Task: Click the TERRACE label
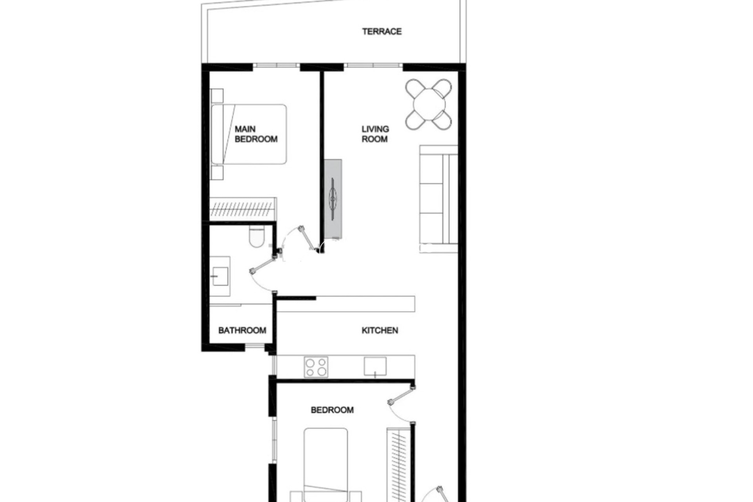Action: click(382, 31)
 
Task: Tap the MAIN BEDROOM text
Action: click(256, 134)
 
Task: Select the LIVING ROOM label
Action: click(375, 134)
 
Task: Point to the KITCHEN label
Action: click(380, 331)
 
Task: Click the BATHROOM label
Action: click(242, 331)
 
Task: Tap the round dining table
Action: click(429, 104)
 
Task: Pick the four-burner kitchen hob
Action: click(316, 367)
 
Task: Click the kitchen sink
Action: click(375, 366)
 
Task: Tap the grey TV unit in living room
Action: click(333, 199)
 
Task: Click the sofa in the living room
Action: click(438, 199)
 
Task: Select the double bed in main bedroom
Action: click(249, 134)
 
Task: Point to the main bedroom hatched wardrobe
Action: click(243, 209)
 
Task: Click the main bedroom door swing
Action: click(300, 241)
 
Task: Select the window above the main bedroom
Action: click(276, 65)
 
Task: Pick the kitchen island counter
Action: click(345, 304)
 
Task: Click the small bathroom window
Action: click(255, 346)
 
